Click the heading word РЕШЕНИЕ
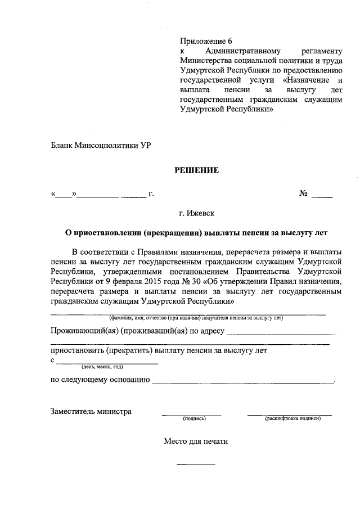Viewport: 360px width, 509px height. pos(195,170)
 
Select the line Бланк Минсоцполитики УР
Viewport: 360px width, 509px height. pos(101,145)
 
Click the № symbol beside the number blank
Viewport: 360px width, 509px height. pos(303,194)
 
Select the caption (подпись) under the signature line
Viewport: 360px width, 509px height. pos(194,419)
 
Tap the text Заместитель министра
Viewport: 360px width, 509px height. pos(91,411)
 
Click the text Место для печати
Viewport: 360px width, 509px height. pos(196,442)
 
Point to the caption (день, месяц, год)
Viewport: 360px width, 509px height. pos(102,367)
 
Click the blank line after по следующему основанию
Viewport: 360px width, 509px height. pos(242,384)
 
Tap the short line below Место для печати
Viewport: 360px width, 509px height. pos(196,464)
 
